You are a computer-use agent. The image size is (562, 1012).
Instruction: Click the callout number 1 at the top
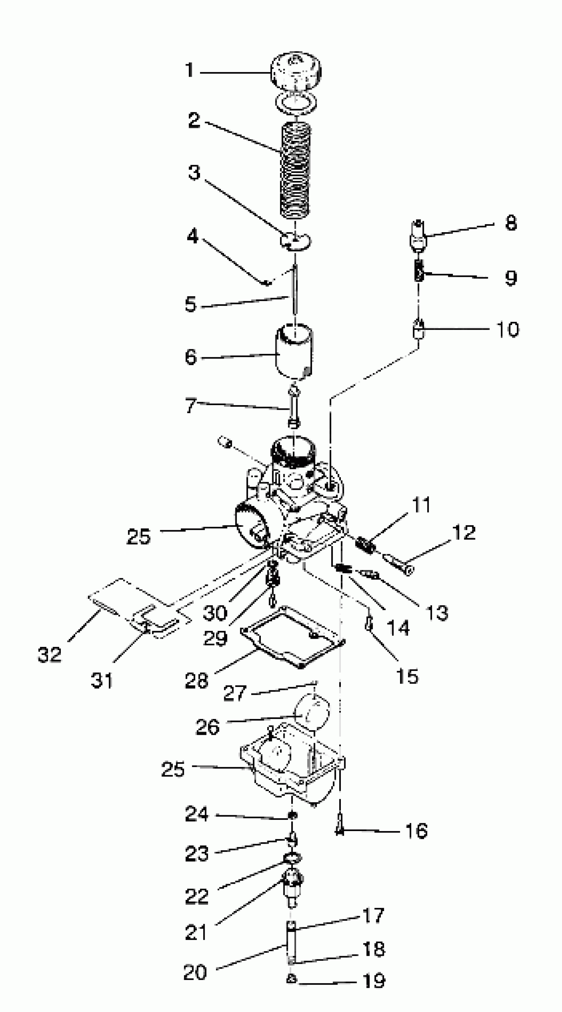coord(190,71)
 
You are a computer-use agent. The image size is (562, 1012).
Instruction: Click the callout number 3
coord(194,172)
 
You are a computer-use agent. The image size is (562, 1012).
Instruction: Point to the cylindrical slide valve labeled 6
coord(295,351)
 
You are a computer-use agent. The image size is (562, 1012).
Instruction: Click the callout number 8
coord(510,223)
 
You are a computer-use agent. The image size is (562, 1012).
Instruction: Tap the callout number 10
coord(508,329)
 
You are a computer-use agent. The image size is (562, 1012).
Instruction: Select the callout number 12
coord(464,533)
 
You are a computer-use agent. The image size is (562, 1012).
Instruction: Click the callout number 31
coord(102,680)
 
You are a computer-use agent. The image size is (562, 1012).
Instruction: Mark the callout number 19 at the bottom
coord(374,981)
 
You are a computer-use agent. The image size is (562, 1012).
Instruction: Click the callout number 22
coord(196,897)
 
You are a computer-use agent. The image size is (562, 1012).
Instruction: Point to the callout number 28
coord(196,680)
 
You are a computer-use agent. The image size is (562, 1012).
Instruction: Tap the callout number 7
coord(191,405)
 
